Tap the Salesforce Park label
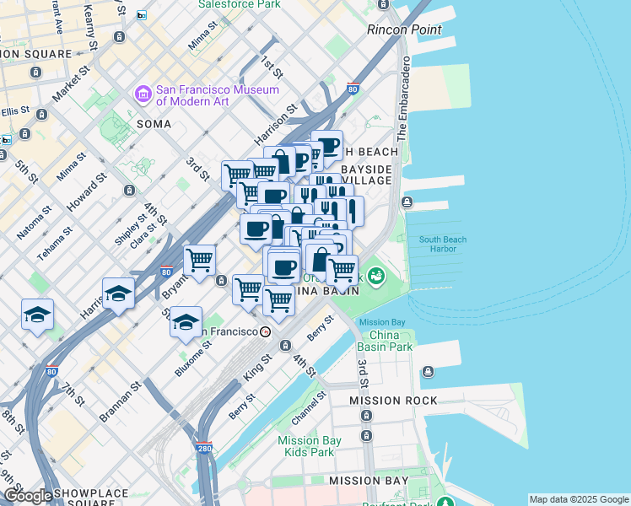coord(239,4)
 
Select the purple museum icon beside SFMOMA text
coord(143,94)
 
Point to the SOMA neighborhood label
coord(154,124)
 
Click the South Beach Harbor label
coord(443,245)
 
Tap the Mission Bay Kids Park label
coord(310,446)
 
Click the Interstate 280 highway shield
coord(202,449)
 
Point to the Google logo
coord(28,496)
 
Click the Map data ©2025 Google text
coord(579,499)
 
